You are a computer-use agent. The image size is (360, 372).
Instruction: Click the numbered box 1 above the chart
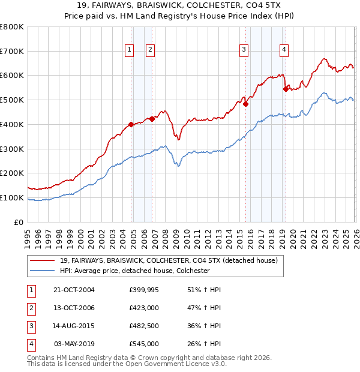pyautogui.click(x=129, y=50)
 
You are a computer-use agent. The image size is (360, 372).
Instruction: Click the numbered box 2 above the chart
pyautogui.click(x=150, y=50)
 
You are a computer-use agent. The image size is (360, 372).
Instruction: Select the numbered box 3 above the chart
pyautogui.click(x=244, y=50)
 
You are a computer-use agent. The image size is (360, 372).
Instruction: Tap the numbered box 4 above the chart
pyautogui.click(x=283, y=50)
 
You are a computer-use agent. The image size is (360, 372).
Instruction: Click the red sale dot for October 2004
pyautogui.click(x=131, y=125)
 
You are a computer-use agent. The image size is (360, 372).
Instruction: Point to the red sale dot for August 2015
pyautogui.click(x=246, y=104)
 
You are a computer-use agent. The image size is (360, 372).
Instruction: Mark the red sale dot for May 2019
pyautogui.click(x=286, y=89)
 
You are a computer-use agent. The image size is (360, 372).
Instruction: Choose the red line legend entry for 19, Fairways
pyautogui.click(x=168, y=261)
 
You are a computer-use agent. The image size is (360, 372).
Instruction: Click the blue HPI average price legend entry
pyautogui.click(x=134, y=271)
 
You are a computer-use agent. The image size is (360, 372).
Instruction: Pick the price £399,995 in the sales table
pyautogui.click(x=144, y=290)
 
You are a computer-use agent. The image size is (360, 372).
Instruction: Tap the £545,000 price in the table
pyautogui.click(x=144, y=344)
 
